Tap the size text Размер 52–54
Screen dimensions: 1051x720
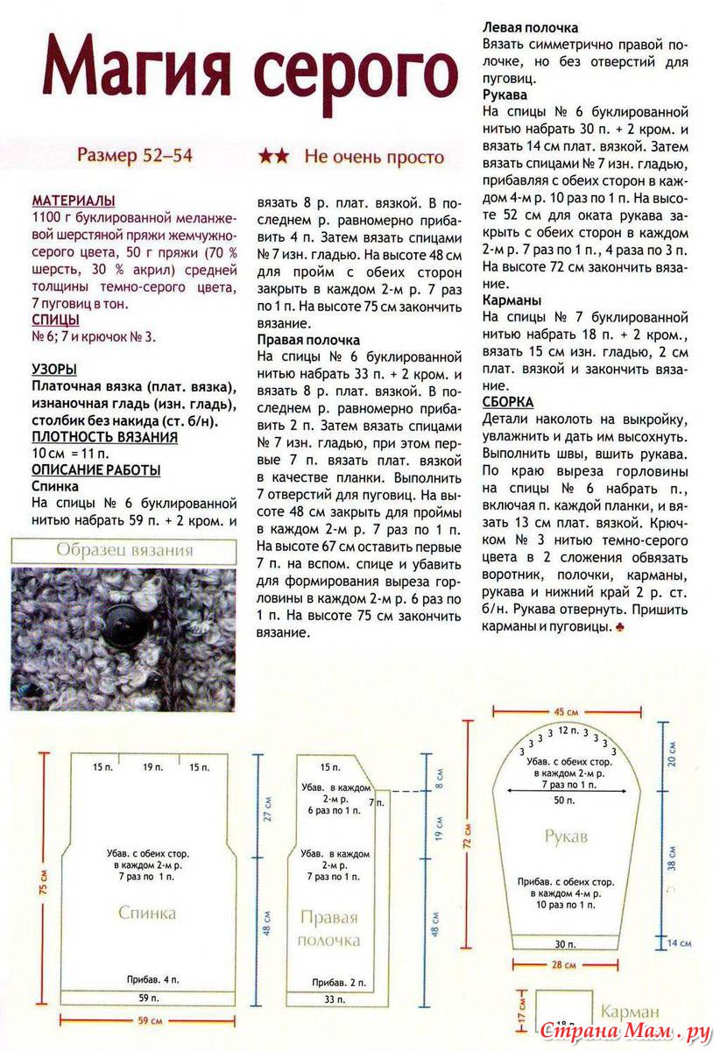click(x=134, y=157)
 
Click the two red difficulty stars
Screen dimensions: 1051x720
click(x=274, y=157)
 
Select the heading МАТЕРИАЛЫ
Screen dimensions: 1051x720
click(x=74, y=201)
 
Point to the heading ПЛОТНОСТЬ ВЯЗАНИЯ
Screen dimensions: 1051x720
click(x=104, y=437)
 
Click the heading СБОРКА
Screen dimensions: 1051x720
click(x=508, y=402)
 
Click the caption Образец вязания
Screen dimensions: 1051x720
click(x=124, y=551)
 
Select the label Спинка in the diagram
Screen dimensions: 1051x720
click(x=147, y=913)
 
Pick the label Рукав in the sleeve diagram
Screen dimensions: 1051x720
click(x=564, y=836)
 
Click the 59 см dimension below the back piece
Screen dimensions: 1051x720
click(x=149, y=1020)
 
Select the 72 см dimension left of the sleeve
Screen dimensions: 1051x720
click(x=468, y=836)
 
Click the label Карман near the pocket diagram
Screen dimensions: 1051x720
click(x=630, y=1012)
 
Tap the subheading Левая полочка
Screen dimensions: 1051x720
click(x=531, y=28)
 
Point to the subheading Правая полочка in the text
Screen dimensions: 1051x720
click(x=308, y=339)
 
